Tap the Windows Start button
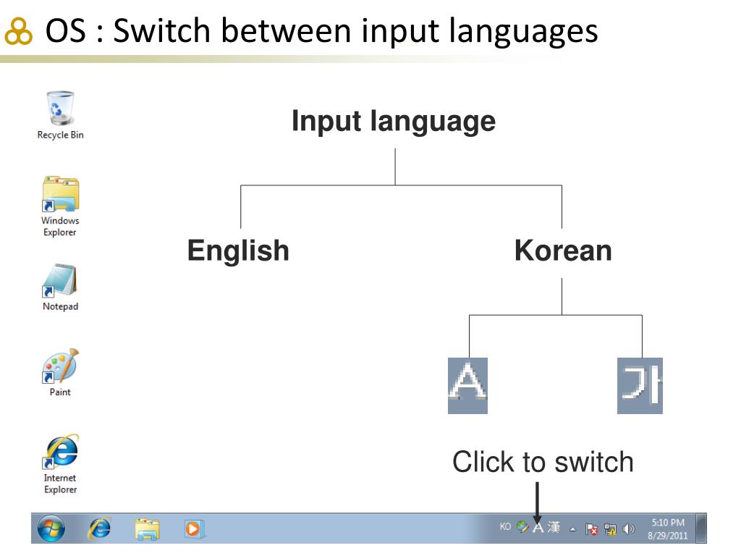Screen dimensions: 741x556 51,529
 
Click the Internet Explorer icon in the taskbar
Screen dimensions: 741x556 99,529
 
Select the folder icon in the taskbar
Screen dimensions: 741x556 148,529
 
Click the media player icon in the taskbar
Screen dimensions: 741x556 193,529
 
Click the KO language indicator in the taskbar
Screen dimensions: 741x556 505,527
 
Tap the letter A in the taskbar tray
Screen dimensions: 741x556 538,528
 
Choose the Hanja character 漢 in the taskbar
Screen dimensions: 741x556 554,528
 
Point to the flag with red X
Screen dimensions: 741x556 590,529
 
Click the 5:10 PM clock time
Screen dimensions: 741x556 667,523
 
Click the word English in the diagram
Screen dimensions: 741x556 238,250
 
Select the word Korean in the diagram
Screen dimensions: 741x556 563,250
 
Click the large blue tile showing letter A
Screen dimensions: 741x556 467,385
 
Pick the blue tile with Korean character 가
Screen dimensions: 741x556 640,385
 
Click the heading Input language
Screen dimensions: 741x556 394,121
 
